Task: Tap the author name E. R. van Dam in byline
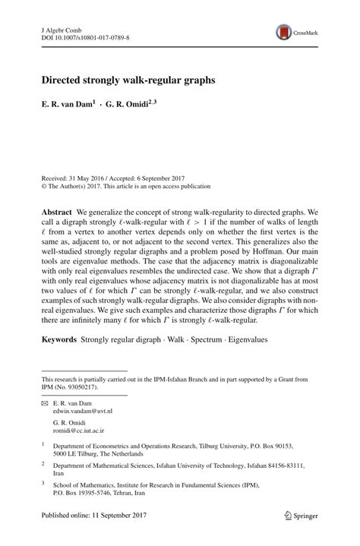(x=67, y=106)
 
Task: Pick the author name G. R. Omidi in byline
(x=137, y=106)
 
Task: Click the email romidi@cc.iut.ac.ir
(x=81, y=429)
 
